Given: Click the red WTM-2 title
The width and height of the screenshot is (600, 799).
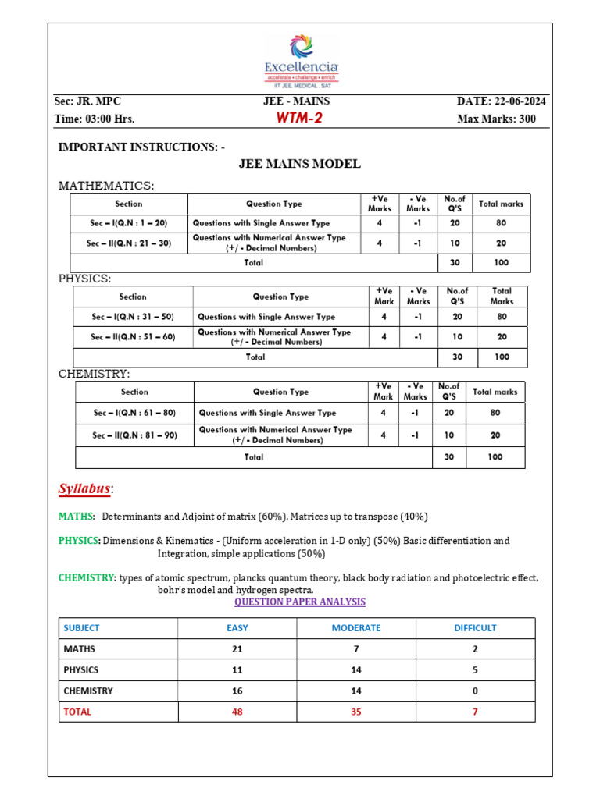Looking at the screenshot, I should click(298, 119).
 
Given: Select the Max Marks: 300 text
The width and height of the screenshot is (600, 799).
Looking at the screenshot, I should click(496, 119).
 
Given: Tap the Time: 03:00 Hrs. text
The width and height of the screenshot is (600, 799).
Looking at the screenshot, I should click(95, 119).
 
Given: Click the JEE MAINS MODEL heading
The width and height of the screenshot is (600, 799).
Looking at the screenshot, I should click(299, 164).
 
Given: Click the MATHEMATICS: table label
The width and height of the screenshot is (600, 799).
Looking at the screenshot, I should click(106, 186).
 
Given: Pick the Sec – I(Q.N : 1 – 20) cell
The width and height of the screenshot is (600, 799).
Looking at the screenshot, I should click(128, 223).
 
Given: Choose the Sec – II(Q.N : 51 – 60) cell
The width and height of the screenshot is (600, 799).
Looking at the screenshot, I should click(133, 337).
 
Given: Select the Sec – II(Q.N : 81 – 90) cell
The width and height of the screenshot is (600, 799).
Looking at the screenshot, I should click(134, 435).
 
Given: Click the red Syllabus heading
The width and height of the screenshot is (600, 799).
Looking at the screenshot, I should click(85, 489).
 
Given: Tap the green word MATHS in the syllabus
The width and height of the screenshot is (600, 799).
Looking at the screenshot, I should click(76, 517).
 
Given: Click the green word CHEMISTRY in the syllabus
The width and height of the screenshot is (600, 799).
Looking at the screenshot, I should click(87, 577).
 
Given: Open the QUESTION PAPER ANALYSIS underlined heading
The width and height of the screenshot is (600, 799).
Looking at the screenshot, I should click(300, 602).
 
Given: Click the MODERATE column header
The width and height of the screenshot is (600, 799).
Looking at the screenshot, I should click(356, 628).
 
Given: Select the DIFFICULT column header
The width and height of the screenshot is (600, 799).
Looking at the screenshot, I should click(475, 628).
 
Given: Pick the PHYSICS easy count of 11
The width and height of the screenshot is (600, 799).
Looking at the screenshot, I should click(237, 670).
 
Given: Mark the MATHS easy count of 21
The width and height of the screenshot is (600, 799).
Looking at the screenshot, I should click(237, 649).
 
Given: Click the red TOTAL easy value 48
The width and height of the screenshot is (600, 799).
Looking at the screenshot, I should click(237, 712).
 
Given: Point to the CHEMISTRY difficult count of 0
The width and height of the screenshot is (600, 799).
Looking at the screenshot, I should click(475, 691).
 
